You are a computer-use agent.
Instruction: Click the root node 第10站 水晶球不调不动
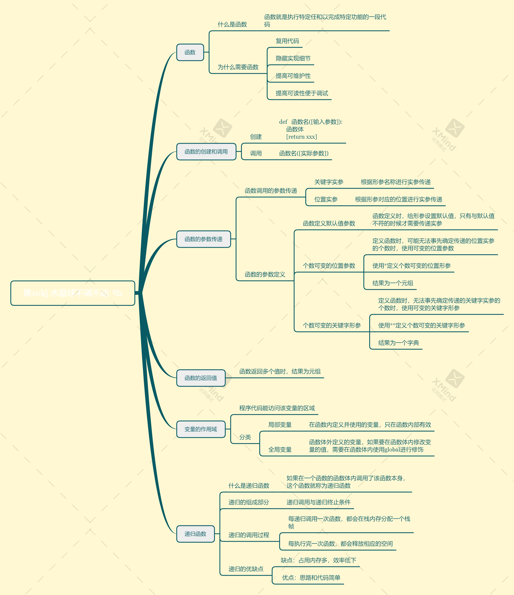72,293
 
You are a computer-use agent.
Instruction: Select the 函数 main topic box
190,52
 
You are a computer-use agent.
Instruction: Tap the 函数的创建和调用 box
206,152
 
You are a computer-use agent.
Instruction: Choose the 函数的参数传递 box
203,239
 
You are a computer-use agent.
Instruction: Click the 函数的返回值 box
201,378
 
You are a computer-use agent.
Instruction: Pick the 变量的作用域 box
201,429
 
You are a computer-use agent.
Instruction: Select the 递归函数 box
195,534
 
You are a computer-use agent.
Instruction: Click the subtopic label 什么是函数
232,24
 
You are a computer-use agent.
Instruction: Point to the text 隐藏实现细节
293,59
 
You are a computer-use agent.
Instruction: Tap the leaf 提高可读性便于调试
302,93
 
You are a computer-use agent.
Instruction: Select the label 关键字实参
329,182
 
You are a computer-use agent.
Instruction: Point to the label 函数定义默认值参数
329,223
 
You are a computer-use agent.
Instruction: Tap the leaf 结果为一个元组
392,283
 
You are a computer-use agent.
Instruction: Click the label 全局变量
280,450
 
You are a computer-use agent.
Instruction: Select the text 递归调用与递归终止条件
318,502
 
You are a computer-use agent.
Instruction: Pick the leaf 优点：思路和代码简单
311,578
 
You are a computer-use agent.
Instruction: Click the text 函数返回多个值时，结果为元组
280,372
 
